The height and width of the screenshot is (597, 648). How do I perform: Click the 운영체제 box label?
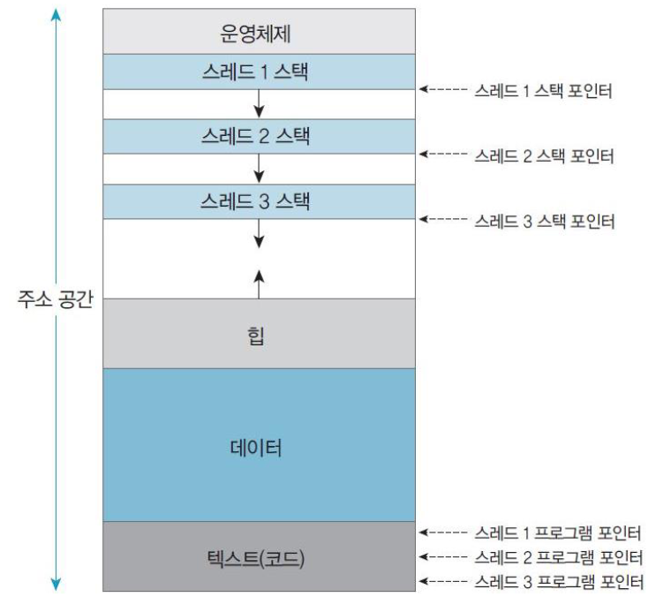click(258, 34)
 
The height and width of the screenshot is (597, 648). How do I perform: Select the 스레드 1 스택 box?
click(258, 72)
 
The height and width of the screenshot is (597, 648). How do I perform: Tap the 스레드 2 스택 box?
click(258, 136)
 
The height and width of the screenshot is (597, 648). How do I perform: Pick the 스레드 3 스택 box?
click(258, 200)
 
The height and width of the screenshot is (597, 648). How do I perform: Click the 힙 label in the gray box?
click(258, 336)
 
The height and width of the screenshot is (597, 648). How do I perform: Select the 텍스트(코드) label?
click(258, 558)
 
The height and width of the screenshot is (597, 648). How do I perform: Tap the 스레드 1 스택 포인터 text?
click(543, 90)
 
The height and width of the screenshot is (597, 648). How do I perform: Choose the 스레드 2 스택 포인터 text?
click(543, 155)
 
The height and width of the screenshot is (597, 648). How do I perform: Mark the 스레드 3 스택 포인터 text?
click(543, 219)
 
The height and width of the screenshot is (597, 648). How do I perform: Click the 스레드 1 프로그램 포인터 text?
click(556, 533)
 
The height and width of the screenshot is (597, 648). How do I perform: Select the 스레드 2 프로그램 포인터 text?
click(556, 557)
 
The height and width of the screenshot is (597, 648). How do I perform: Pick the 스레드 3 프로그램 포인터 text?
click(556, 581)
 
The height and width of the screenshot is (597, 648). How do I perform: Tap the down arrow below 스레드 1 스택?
click(259, 103)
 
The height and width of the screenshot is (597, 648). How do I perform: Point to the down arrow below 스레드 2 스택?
click(259, 168)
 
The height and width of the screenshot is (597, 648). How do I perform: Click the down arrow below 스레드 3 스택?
click(259, 232)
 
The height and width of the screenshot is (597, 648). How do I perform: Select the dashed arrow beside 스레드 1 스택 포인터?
click(442, 90)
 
